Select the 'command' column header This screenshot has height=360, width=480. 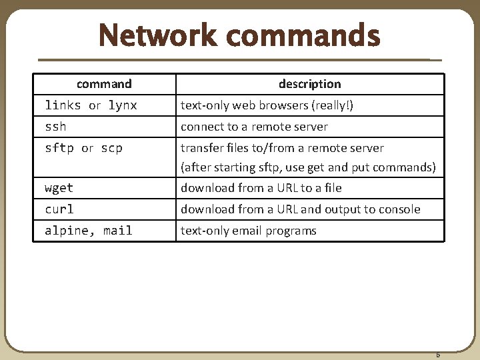[x=104, y=84]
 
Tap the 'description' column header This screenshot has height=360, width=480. [x=309, y=84]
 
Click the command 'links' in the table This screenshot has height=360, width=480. [x=63, y=105]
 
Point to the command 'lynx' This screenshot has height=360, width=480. [x=123, y=105]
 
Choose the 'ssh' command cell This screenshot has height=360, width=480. [x=55, y=127]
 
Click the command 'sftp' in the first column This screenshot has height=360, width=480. [x=59, y=148]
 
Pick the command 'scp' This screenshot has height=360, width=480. [x=112, y=148]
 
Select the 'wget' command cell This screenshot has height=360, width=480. [x=59, y=188]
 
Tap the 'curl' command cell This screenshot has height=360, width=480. [x=59, y=209]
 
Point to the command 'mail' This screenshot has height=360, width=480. [x=118, y=231]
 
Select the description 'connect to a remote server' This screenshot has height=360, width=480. [x=254, y=127]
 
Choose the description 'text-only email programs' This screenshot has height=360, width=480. [x=249, y=231]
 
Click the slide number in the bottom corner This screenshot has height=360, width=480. [x=438, y=355]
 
